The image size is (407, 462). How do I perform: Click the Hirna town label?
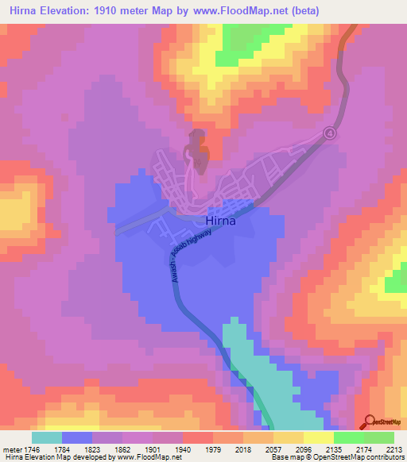(x=220, y=222)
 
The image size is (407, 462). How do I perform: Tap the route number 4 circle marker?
(x=330, y=134)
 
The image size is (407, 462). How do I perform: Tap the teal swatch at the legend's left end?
(x=47, y=437)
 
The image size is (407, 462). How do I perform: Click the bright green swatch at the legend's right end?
(x=379, y=437)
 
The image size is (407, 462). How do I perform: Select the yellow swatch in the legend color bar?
(x=319, y=437)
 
